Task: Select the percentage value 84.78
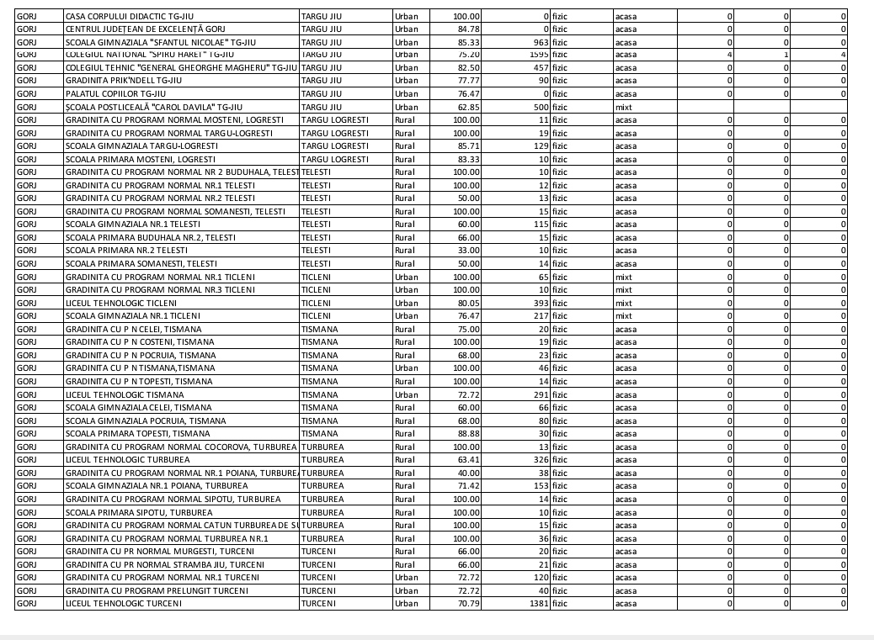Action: [x=467, y=29]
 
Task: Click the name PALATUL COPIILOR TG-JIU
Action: [x=118, y=94]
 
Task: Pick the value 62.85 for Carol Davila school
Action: [x=467, y=107]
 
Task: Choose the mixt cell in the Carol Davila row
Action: [x=624, y=107]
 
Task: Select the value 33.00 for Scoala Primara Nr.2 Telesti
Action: [x=467, y=251]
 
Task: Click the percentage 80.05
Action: [x=467, y=303]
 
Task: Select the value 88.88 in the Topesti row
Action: [x=467, y=434]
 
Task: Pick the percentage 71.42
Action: [x=467, y=486]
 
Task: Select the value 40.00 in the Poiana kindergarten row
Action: [x=467, y=473]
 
